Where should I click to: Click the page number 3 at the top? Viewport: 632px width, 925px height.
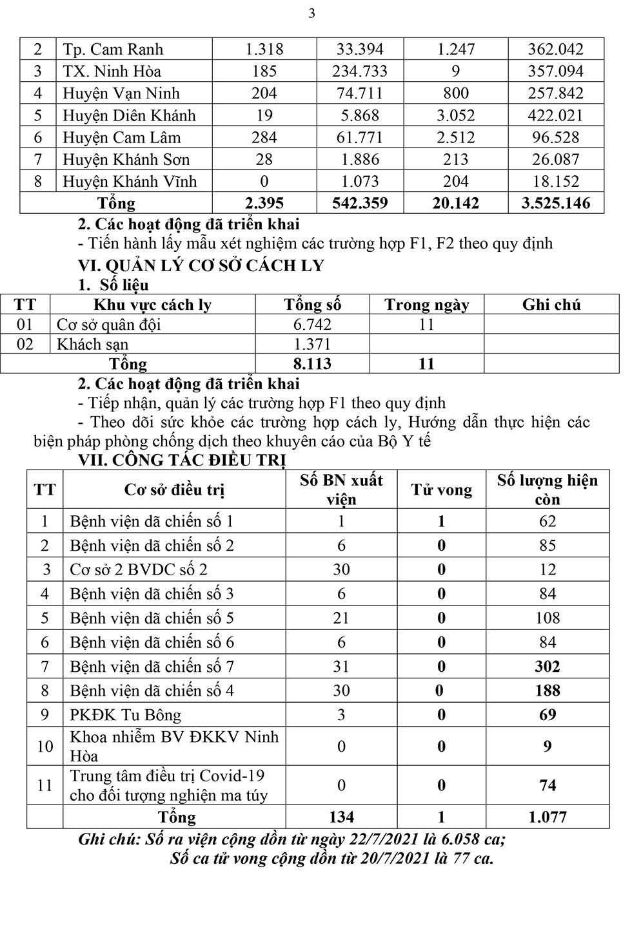pyautogui.click(x=312, y=14)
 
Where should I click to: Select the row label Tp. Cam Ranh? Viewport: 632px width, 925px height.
pyautogui.click(x=113, y=50)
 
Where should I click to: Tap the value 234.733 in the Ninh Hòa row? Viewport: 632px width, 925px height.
pyautogui.click(x=359, y=72)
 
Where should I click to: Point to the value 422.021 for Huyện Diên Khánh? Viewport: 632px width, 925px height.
pyautogui.click(x=555, y=115)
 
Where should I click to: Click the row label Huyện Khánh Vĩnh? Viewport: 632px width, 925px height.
pyautogui.click(x=129, y=182)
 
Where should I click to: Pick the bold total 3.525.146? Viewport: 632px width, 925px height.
pyautogui.click(x=555, y=204)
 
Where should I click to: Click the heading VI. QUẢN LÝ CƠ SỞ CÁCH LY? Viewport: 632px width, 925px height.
pyautogui.click(x=201, y=265)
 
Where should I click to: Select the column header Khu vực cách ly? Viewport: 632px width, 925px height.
pyautogui.click(x=152, y=305)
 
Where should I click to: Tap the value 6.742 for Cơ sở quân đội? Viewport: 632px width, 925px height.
pyautogui.click(x=312, y=325)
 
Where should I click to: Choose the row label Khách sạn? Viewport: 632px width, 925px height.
pyautogui.click(x=92, y=344)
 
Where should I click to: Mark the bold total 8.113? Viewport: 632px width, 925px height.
pyautogui.click(x=312, y=364)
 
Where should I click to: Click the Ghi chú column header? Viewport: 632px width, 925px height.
pyautogui.click(x=551, y=305)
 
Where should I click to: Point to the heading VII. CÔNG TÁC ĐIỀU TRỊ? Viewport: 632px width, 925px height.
pyautogui.click(x=182, y=461)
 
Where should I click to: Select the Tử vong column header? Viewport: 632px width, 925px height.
pyautogui.click(x=442, y=490)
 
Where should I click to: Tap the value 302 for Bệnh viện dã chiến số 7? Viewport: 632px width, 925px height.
pyautogui.click(x=547, y=667)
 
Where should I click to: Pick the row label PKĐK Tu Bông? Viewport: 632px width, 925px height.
pyautogui.click(x=125, y=715)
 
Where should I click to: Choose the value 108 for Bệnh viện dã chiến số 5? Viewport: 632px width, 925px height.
pyautogui.click(x=547, y=618)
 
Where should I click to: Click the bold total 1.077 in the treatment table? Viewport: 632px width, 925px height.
pyautogui.click(x=547, y=817)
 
